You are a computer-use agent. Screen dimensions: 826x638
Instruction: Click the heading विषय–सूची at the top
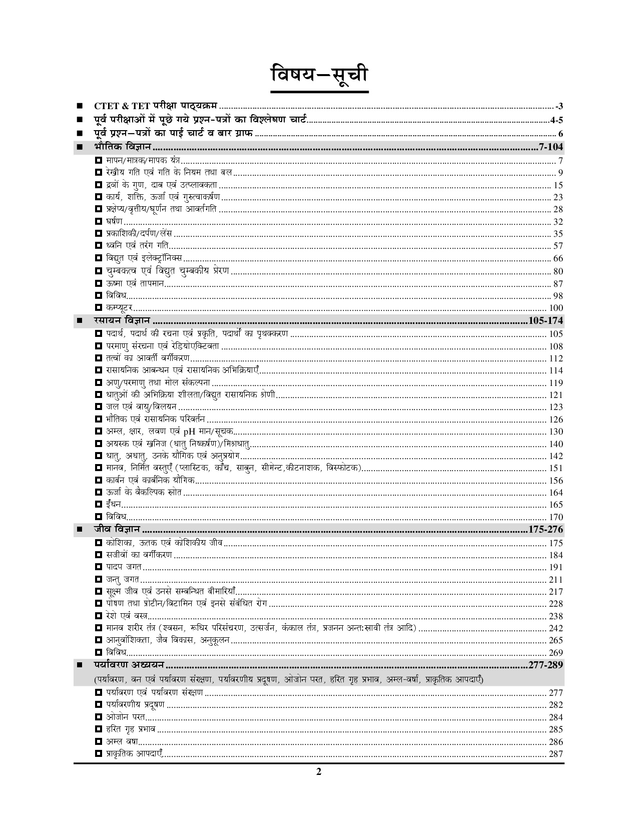pos(319,75)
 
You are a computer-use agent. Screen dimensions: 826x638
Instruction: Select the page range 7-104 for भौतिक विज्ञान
pos(549,147)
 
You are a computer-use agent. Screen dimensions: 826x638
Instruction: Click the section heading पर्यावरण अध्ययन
pos(129,665)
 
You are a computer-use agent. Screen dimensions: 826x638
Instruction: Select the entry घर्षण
pos(114,222)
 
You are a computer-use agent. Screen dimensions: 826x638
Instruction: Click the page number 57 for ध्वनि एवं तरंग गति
pos(558,246)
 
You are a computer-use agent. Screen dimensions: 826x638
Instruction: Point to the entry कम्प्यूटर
pos(119,308)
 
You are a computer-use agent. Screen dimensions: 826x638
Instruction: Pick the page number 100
pos(556,308)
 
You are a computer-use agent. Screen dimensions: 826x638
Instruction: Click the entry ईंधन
pos(114,505)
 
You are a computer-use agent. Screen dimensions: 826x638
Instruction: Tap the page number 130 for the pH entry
pos(556,432)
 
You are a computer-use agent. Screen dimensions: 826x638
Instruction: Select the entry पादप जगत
pos(124,567)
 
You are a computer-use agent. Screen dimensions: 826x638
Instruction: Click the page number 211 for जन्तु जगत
pos(556,580)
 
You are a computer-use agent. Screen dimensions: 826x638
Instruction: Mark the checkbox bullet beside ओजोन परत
pos(99,717)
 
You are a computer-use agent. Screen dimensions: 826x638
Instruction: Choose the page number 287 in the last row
pos(556,754)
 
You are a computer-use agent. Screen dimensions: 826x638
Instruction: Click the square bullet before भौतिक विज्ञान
pos(79,147)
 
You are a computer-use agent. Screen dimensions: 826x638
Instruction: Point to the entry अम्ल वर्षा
pos(122,742)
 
